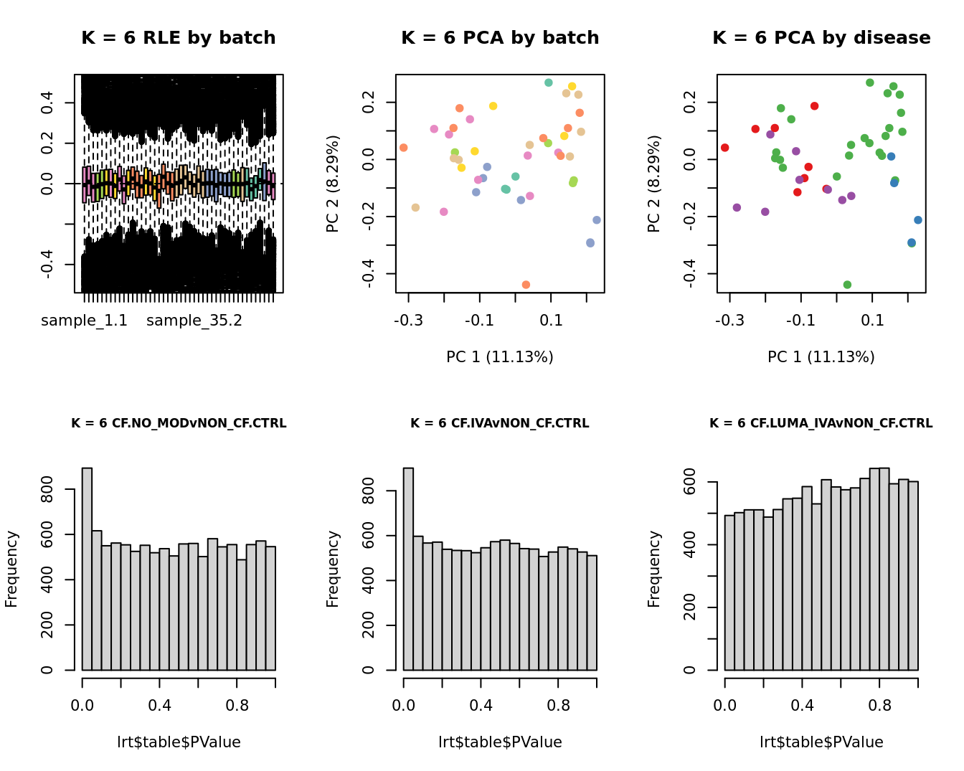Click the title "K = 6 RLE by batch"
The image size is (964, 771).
pos(178,38)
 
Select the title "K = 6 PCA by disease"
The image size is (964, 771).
pos(821,38)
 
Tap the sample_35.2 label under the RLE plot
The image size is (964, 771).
pos(194,321)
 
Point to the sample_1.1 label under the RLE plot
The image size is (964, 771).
pos(84,321)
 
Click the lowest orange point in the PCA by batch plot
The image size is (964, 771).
pos(526,285)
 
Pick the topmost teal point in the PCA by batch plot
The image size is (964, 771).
pos(549,83)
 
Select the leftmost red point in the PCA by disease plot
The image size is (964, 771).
pos(725,148)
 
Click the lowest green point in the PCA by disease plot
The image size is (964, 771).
pos(847,285)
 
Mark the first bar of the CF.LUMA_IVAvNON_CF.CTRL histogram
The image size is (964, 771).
pos(729,592)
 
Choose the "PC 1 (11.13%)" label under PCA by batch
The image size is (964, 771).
pos(500,357)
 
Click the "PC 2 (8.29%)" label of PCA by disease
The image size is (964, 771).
pos(654,184)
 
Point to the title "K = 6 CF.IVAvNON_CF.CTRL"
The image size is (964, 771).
pos(500,423)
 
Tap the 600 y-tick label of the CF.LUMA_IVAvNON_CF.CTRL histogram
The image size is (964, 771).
pos(690,482)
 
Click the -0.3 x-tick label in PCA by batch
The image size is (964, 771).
pos(408,320)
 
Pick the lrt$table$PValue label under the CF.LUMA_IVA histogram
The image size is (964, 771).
pos(821,742)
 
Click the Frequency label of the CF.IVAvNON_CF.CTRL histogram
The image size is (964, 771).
pos(333,569)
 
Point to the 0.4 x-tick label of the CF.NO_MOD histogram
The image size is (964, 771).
pos(159,706)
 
